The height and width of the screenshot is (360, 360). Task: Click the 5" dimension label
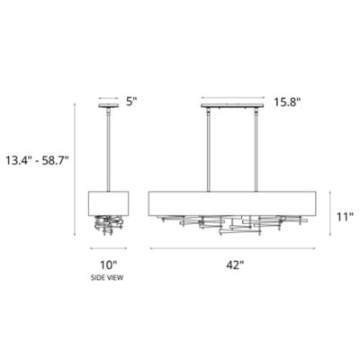coord(131,102)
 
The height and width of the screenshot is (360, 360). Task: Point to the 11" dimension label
coord(346,217)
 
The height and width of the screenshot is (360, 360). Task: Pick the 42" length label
coord(236,265)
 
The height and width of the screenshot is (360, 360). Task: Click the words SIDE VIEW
coord(109,278)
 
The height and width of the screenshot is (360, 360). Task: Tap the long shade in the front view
coord(236,202)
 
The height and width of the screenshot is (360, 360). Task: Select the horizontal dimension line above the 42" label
coord(236,247)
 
